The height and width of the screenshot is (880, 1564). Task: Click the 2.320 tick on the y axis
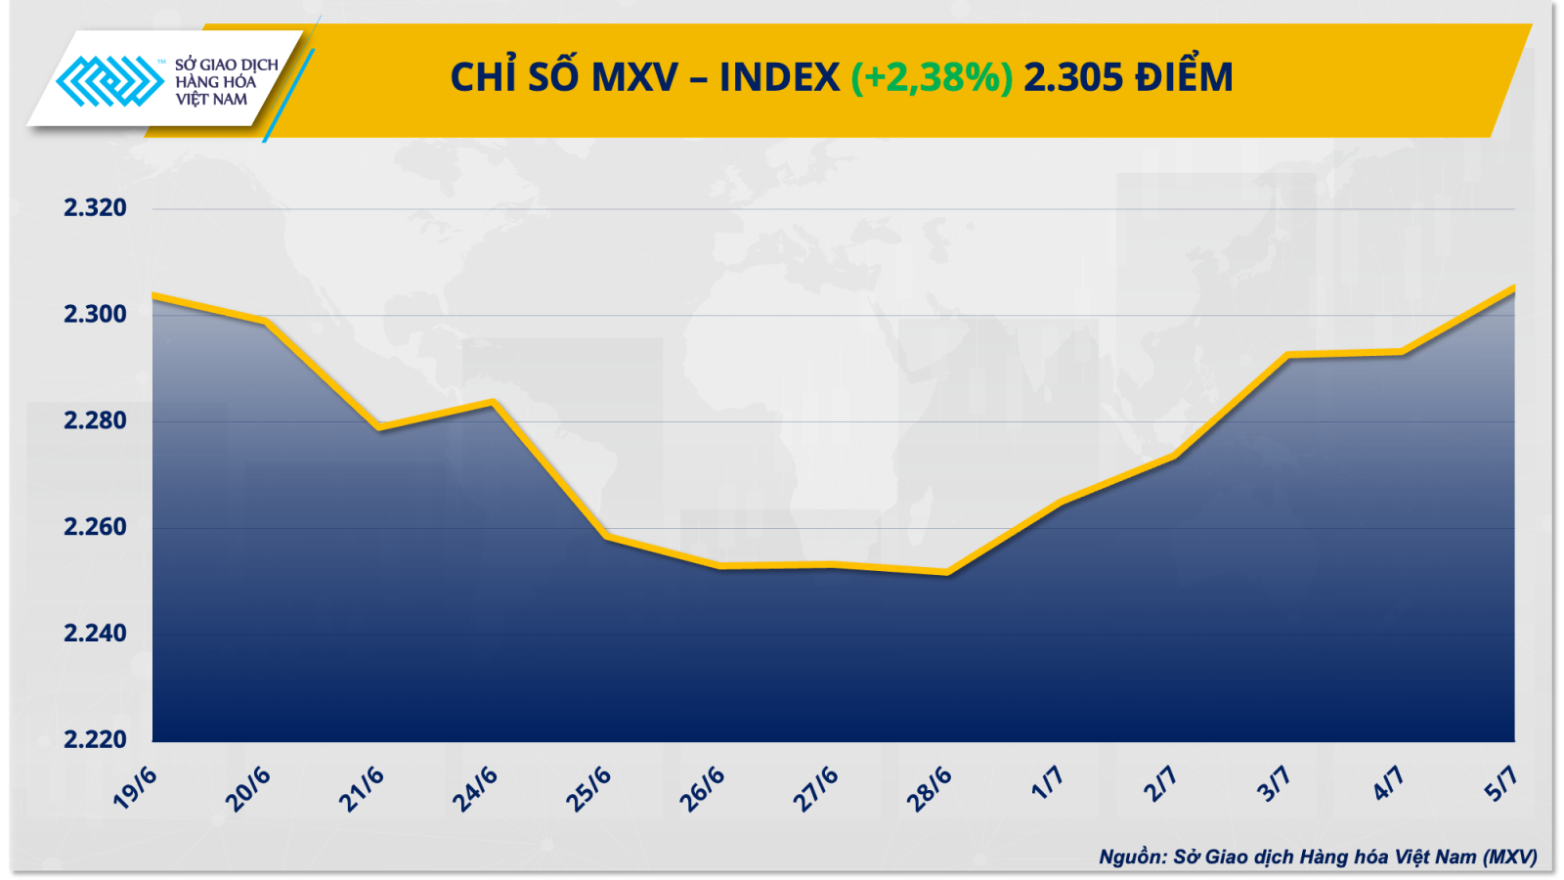point(95,207)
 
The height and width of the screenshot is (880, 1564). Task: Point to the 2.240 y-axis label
point(95,634)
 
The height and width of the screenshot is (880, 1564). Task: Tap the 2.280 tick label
point(95,420)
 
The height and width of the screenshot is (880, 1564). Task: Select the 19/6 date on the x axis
point(135,788)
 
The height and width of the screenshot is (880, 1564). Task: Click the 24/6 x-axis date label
point(475,789)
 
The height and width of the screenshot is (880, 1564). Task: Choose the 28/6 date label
point(929,789)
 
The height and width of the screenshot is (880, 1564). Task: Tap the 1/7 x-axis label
point(1047,782)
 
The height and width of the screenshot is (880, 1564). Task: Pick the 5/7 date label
point(1500,782)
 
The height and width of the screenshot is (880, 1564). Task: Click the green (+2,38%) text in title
point(932,77)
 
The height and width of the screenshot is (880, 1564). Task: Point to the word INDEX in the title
point(779,77)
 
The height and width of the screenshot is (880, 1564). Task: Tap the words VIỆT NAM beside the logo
point(212,100)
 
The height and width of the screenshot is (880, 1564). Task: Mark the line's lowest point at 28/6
point(946,573)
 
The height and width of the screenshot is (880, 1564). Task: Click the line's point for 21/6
point(379,427)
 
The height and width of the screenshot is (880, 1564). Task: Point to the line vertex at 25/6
point(606,536)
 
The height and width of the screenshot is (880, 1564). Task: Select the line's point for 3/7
point(1287,355)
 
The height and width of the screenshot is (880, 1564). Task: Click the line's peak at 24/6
point(494,402)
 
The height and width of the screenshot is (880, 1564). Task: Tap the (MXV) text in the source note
point(1509,857)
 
